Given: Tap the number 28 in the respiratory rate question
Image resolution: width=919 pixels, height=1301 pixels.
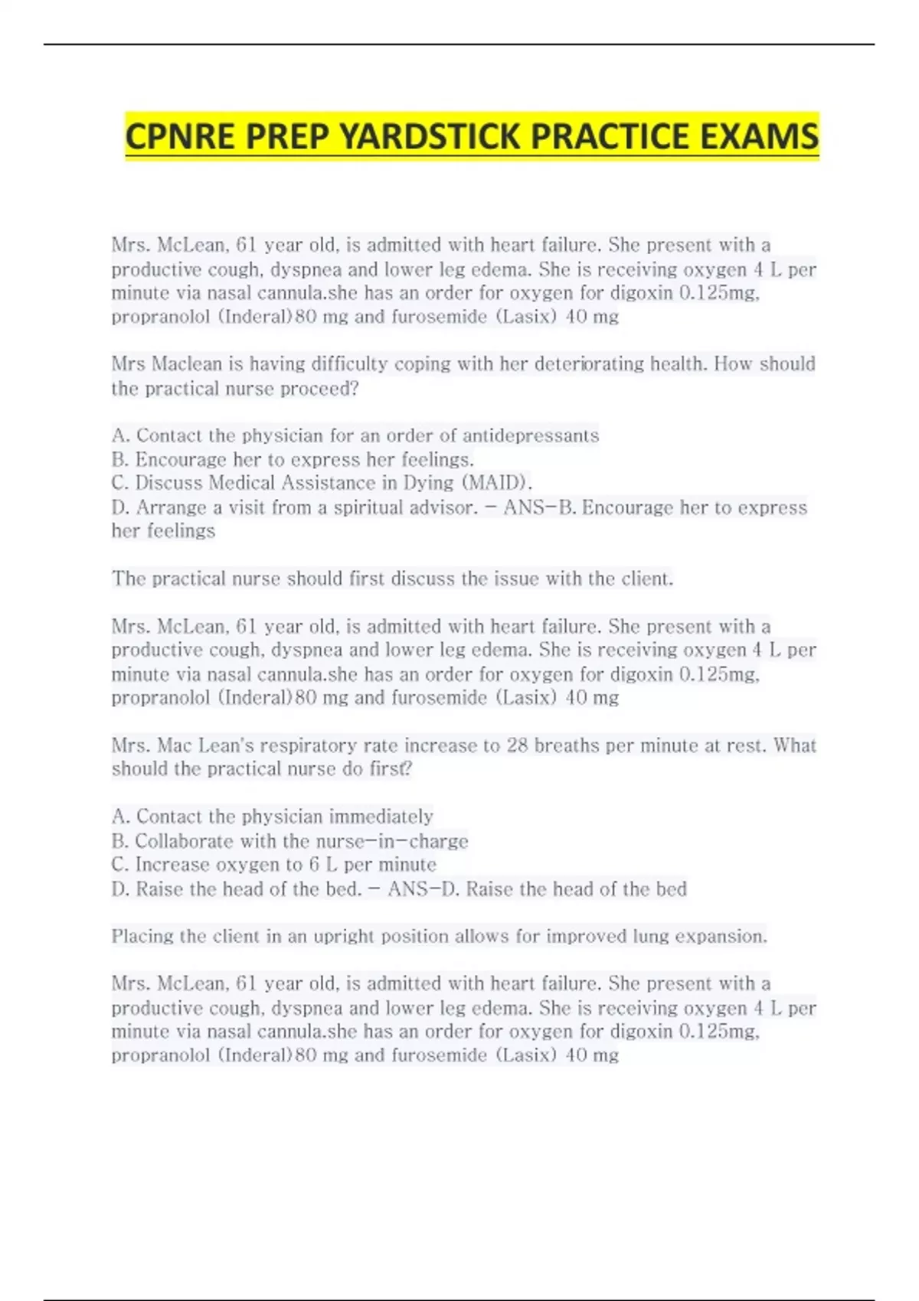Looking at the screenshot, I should point(517,745).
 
